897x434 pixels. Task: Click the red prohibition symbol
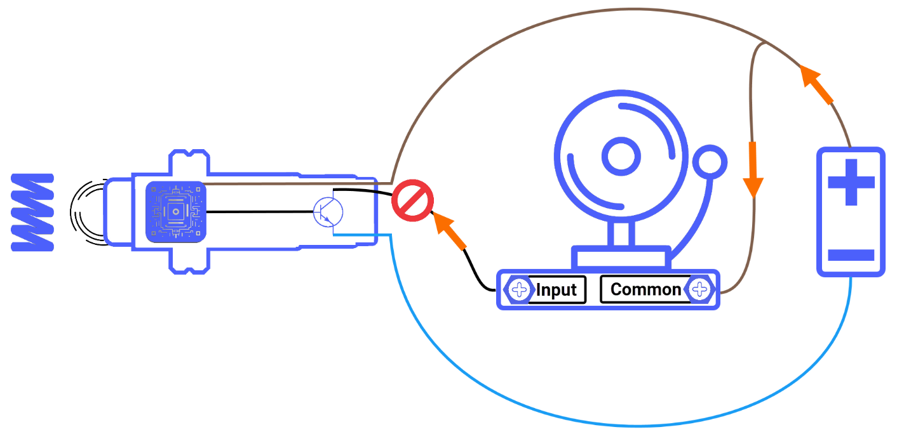pos(412,201)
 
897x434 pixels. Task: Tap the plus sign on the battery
pos(851,182)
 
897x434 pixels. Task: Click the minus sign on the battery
pos(851,256)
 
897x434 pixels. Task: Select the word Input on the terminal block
pos(556,291)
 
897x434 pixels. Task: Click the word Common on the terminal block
pos(645,290)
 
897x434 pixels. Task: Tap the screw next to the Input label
pos(519,291)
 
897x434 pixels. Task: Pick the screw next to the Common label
pos(699,291)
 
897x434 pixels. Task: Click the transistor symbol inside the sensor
pos(328,212)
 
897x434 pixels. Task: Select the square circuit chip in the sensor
pos(176,211)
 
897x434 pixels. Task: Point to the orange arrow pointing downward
pos(753,169)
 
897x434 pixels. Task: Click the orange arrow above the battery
pos(816,84)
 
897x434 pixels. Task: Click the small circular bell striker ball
pos(709,162)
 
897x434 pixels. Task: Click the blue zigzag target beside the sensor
pos(33,211)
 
